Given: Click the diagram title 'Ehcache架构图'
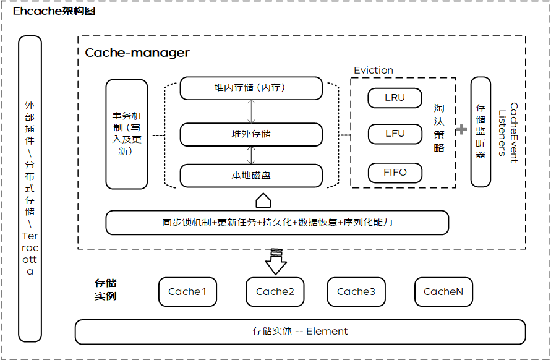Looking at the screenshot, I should [54, 12].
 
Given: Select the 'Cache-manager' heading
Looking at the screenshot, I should [137, 53].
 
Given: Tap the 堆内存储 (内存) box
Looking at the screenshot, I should [251, 88].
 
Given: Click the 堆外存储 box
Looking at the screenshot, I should [251, 134].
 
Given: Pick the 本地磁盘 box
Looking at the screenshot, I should [251, 175].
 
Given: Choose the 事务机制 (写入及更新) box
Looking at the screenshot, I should [127, 134].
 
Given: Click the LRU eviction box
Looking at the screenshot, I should [395, 98].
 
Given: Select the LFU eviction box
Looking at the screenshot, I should [395, 134].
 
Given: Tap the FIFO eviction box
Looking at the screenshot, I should [395, 172].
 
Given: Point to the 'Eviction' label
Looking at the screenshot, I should [373, 71].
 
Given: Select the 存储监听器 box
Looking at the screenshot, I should [481, 132].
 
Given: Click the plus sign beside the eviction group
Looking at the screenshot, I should [461, 130].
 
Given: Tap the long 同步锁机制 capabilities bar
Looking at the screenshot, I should [277, 223].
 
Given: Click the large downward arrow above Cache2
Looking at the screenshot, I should [276, 261].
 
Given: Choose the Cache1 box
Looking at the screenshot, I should [187, 292].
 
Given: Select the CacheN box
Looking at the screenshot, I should [443, 292].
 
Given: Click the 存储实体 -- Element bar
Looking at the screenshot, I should [300, 332].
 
